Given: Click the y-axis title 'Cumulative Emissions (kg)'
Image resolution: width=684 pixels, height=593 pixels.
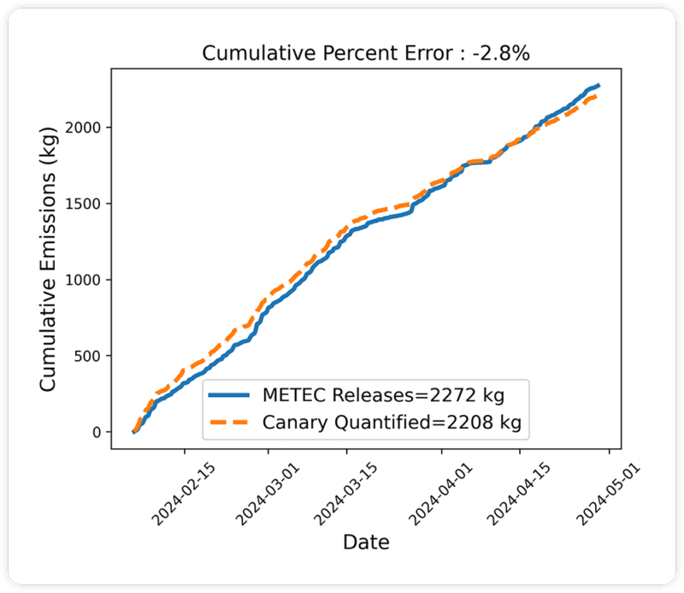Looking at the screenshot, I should click(49, 259).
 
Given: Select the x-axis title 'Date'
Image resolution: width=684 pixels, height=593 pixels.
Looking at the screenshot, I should click(366, 542).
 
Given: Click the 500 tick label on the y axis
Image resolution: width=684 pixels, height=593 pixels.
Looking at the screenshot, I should click(89, 356).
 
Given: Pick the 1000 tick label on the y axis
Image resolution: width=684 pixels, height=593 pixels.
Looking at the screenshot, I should click(85, 280).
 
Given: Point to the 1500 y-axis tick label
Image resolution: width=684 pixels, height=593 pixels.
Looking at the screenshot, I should click(85, 204).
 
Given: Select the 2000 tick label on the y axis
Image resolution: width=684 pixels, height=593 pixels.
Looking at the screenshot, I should click(85, 127).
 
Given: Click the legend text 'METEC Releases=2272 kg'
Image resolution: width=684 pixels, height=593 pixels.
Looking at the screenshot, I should click(382, 396).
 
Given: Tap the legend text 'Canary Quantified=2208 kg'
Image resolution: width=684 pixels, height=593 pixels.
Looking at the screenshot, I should click(392, 422).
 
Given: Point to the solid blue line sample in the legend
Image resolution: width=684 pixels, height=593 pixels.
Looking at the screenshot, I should click(229, 396).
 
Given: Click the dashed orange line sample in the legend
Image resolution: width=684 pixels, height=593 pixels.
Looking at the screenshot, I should click(229, 422).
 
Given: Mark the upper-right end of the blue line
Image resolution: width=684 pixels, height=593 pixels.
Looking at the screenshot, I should click(598, 86).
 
